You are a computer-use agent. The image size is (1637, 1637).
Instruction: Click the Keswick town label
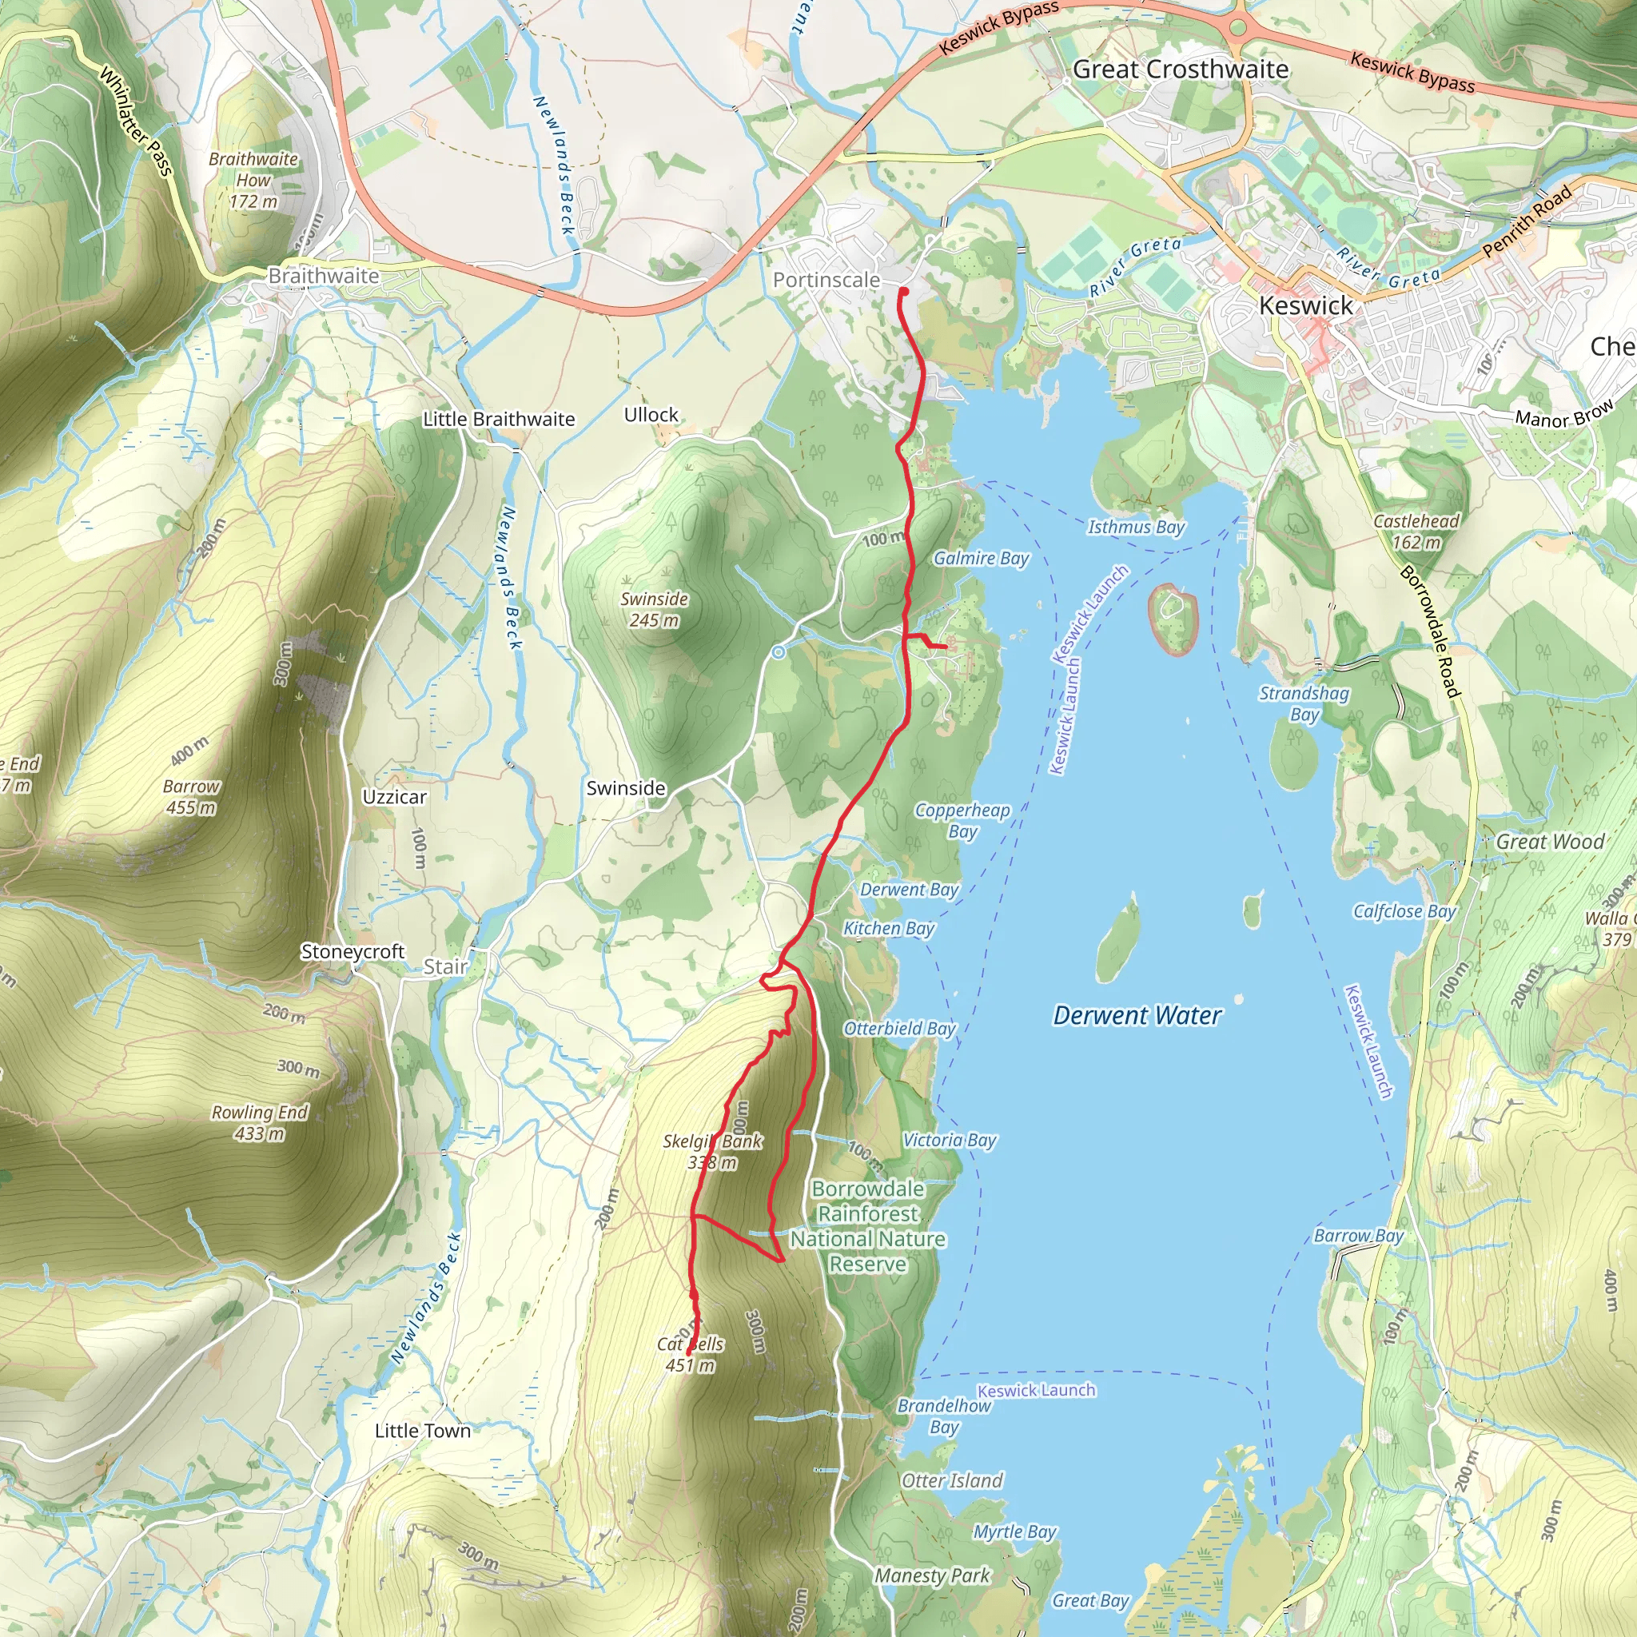(x=1306, y=306)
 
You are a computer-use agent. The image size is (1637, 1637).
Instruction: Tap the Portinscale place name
(x=826, y=280)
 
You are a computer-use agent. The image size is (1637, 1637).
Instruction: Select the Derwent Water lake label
(x=1137, y=1015)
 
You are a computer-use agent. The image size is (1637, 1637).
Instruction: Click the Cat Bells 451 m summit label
(x=691, y=1354)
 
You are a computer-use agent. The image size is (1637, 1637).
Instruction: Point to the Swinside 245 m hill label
(x=654, y=609)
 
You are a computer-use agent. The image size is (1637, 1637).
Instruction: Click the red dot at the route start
(x=903, y=292)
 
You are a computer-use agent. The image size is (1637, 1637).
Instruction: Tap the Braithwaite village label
(x=324, y=277)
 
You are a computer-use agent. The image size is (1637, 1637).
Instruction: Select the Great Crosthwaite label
(x=1181, y=70)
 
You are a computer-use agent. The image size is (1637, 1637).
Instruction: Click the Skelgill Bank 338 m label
(x=712, y=1152)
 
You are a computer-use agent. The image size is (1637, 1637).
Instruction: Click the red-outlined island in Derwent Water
(x=1173, y=619)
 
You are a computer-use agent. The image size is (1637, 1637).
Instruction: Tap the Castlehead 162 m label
(x=1416, y=532)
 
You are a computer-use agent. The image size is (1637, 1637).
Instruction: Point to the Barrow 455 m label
(x=192, y=796)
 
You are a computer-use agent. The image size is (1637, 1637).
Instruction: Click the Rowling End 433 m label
(x=259, y=1123)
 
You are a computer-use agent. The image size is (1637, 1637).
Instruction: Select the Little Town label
(x=422, y=1430)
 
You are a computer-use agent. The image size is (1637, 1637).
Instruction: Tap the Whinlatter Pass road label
(x=136, y=122)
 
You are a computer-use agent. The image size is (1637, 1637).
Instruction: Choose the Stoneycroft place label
(x=352, y=951)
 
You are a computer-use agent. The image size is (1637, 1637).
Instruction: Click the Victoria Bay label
(x=949, y=1141)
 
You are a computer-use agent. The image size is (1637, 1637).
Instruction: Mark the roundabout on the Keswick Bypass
(x=1239, y=28)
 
